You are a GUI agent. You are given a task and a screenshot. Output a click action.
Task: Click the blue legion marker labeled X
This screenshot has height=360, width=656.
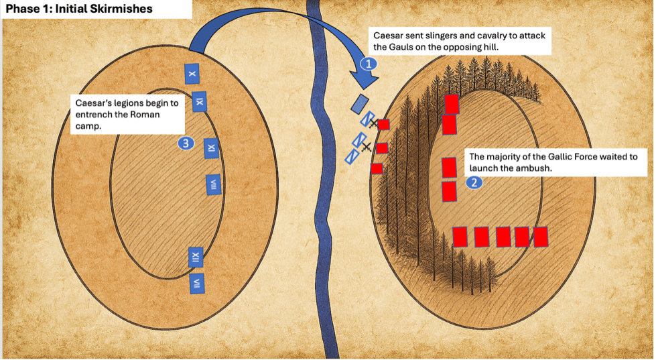192,74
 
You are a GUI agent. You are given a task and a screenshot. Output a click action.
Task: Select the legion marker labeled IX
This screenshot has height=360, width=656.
199,102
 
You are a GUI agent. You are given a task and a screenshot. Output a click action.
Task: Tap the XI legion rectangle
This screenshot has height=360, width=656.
212,147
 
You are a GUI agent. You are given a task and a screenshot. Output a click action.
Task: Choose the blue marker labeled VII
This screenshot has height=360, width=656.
197,284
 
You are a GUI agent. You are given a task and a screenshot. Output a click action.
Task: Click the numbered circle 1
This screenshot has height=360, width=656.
369,64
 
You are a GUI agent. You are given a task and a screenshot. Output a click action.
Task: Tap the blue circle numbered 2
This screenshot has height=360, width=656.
474,182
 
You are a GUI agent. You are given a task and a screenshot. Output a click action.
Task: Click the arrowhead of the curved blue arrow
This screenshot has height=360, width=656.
364,80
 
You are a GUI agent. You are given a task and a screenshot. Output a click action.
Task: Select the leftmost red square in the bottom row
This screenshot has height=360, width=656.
460,237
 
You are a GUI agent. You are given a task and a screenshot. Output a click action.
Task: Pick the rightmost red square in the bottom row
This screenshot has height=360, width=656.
540,237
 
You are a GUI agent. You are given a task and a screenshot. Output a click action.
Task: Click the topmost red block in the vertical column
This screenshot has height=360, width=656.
452,103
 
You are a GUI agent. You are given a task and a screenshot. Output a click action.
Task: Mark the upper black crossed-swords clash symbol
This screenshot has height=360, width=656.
373,123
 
